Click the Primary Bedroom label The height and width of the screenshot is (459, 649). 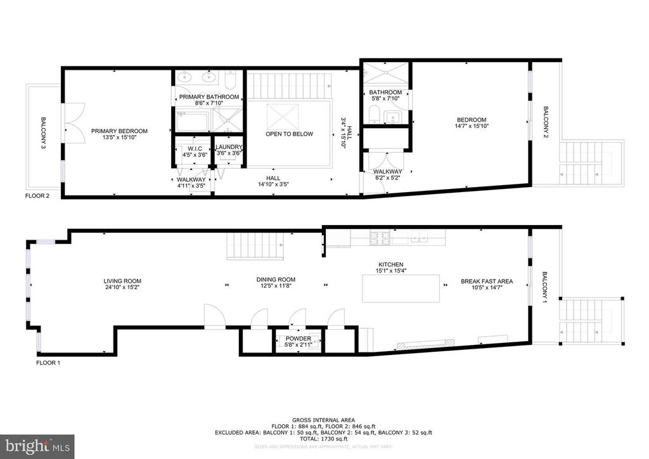[x=119, y=131]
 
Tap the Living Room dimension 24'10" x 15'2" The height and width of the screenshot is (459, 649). [x=122, y=287]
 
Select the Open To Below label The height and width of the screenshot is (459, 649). [x=289, y=134]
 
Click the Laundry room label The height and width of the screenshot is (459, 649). [x=229, y=146]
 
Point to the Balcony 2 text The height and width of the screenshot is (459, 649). [x=546, y=122]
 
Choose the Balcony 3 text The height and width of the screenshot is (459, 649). [x=44, y=133]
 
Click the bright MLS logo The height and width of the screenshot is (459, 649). [x=37, y=446]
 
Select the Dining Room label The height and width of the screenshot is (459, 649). [x=276, y=280]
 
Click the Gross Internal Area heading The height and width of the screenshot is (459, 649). [x=324, y=420]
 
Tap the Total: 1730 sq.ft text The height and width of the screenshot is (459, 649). [x=324, y=439]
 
